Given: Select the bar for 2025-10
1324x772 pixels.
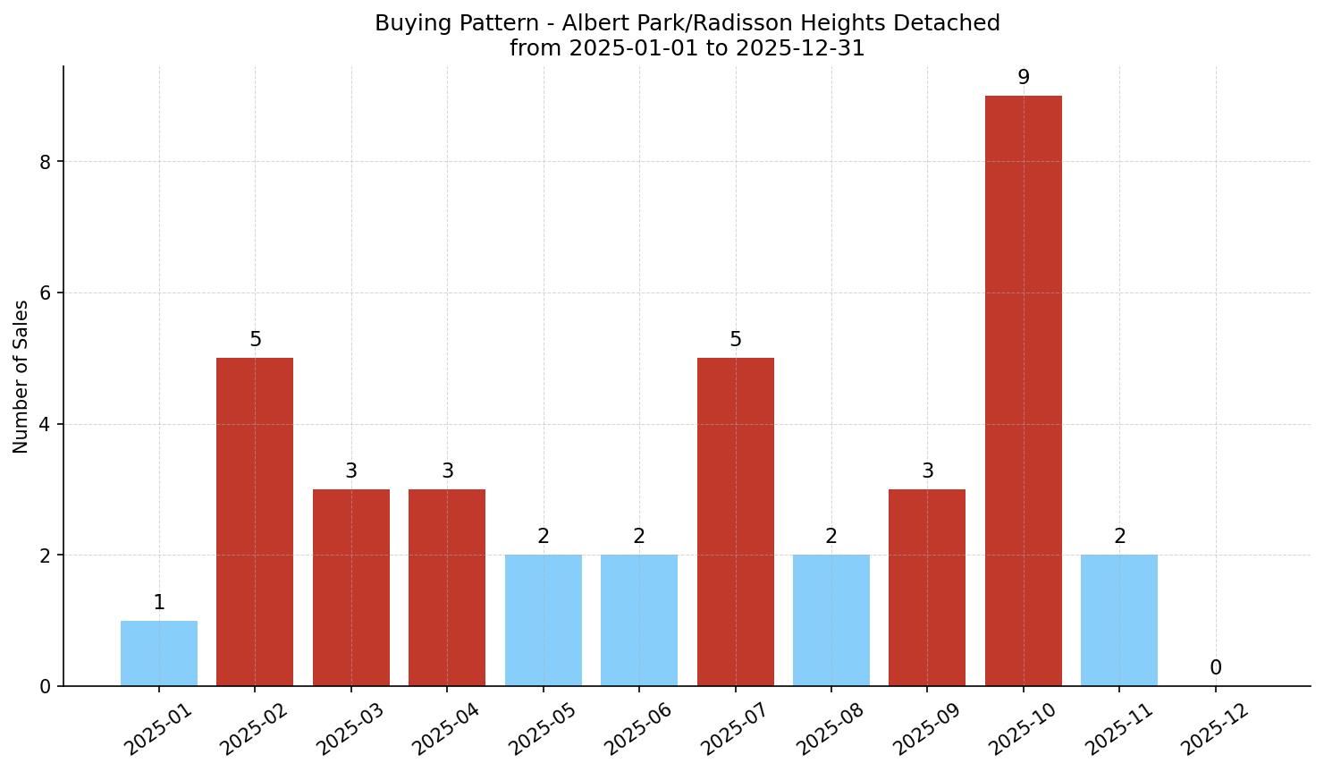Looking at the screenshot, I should (x=1023, y=391).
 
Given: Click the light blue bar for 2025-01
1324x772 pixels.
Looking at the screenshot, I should (x=159, y=653).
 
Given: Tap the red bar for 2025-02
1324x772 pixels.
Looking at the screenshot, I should (x=255, y=522).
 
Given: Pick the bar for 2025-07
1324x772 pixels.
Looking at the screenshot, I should (x=735, y=522).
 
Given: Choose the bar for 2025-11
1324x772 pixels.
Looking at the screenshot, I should (x=1118, y=620).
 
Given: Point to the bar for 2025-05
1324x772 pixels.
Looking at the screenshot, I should (x=543, y=620).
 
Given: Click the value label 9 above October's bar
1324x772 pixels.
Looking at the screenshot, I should (x=1024, y=78).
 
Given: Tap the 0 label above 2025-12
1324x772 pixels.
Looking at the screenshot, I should (x=1215, y=668).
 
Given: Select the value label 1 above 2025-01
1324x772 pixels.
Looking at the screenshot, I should (x=159, y=603).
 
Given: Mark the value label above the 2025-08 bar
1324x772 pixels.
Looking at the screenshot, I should (x=831, y=537).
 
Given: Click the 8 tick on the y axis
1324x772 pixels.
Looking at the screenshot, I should (x=46, y=162).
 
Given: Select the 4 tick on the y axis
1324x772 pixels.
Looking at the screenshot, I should (x=46, y=424).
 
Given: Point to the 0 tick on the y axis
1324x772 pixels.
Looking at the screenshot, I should (x=46, y=686).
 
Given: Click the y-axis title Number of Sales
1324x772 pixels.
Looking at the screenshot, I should (x=21, y=376).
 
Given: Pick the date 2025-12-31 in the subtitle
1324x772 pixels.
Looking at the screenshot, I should (x=800, y=48).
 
